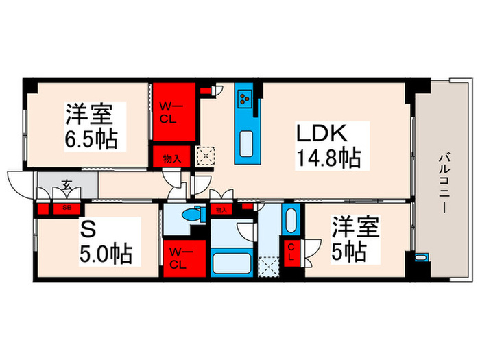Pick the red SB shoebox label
pyautogui.click(x=67, y=206)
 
